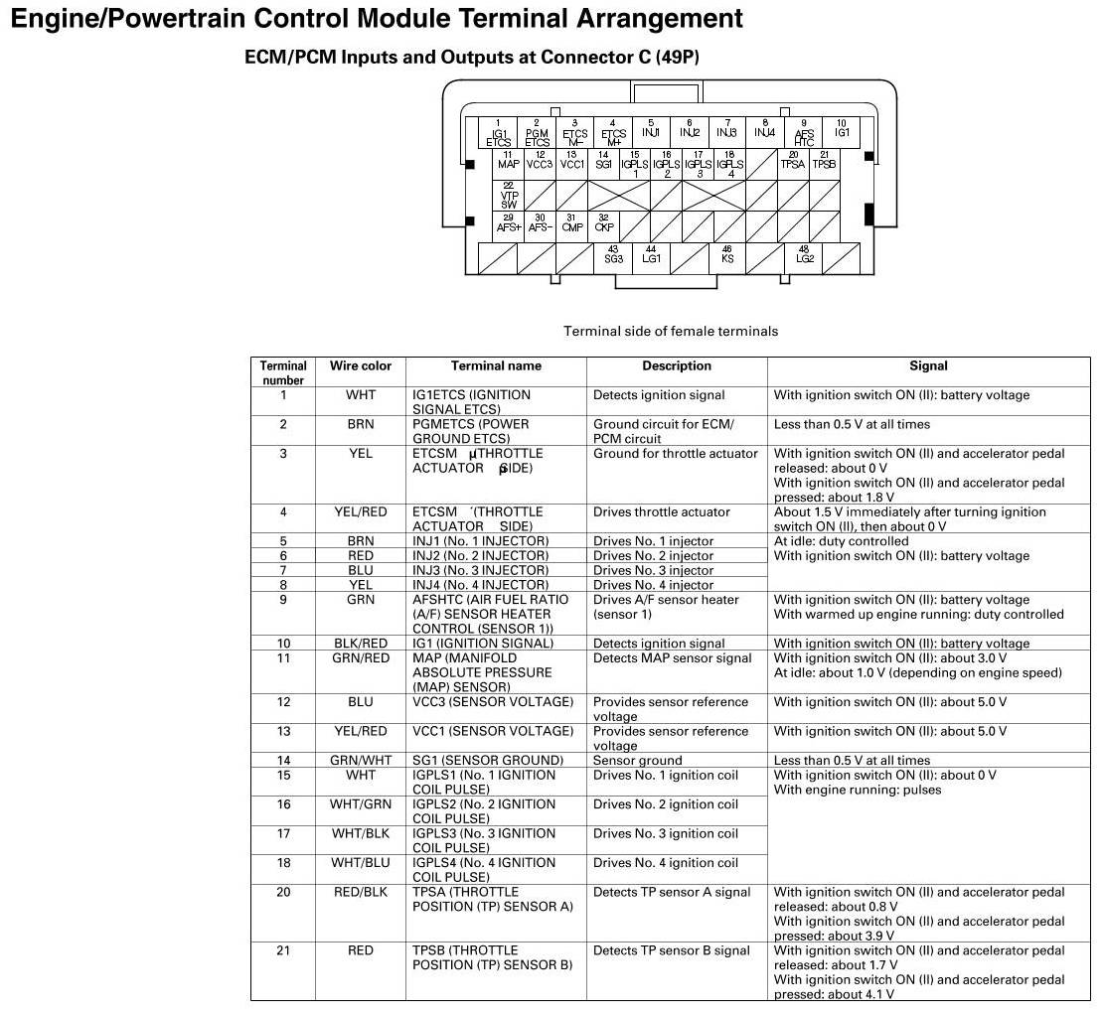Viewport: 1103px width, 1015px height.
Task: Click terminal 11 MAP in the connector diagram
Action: (508, 161)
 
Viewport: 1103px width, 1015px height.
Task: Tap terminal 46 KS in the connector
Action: (727, 256)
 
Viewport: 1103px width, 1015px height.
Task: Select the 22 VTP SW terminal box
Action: (508, 195)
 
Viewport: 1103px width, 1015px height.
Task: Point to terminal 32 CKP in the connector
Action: (603, 225)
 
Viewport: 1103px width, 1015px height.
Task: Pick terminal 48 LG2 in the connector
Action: (804, 256)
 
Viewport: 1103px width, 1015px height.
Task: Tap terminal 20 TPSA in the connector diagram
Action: (792, 161)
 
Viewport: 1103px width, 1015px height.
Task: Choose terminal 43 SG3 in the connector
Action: (613, 256)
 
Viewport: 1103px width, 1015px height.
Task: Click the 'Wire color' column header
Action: (361, 366)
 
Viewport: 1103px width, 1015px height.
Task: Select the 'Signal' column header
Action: (928, 366)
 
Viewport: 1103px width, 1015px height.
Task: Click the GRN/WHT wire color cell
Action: (361, 761)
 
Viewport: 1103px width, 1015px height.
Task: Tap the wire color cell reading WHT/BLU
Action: (361, 863)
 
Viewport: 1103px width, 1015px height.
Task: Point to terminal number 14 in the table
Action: (283, 761)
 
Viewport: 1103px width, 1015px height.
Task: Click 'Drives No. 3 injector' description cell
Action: (654, 571)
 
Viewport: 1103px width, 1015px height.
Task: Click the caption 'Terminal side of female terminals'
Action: (671, 332)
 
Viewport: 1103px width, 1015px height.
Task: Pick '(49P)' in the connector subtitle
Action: (678, 58)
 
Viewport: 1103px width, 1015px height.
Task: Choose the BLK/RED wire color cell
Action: (361, 644)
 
